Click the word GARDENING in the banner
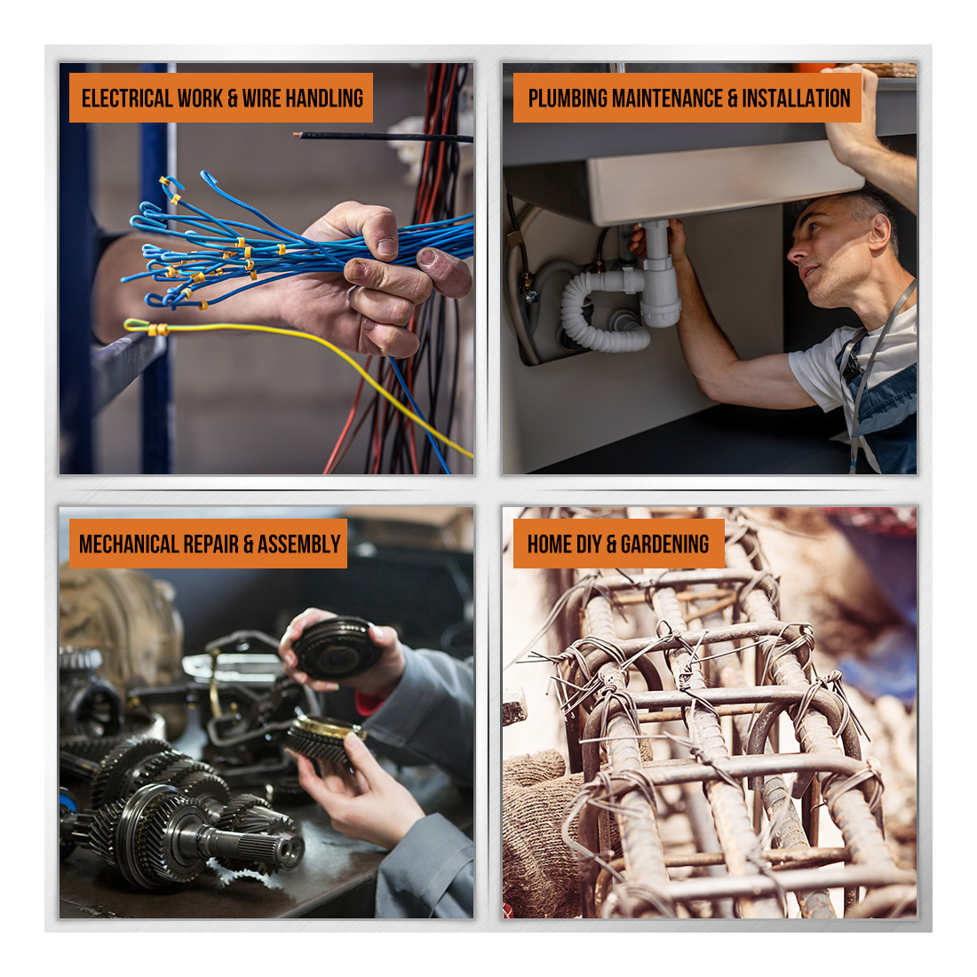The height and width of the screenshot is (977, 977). point(664,544)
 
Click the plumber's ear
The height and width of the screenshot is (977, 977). point(879,233)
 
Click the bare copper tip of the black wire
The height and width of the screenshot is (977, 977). point(298,134)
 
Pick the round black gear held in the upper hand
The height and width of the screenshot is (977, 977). point(336,648)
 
